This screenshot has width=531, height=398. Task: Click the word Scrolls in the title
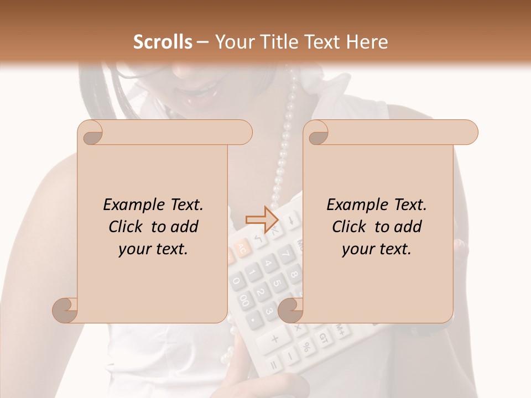(x=163, y=42)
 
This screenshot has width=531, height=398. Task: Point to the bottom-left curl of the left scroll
(x=65, y=310)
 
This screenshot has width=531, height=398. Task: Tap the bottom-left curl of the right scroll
(x=290, y=310)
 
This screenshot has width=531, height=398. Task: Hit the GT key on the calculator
(x=324, y=339)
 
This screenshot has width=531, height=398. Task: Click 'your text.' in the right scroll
(x=376, y=249)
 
